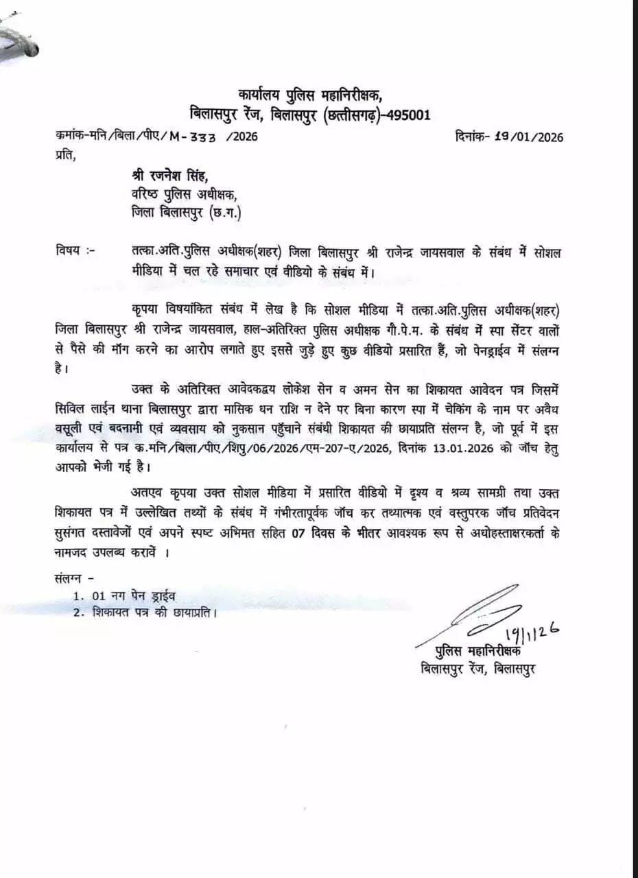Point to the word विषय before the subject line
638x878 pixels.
pyautogui.click(x=69, y=252)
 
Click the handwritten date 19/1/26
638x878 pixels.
pyautogui.click(x=532, y=634)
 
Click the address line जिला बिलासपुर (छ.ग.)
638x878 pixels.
pyautogui.click(x=186, y=213)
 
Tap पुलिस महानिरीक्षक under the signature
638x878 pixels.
pyautogui.click(x=477, y=651)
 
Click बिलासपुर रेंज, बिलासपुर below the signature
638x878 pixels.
pyautogui.click(x=478, y=668)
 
